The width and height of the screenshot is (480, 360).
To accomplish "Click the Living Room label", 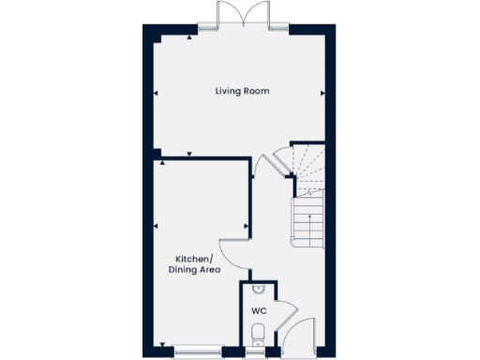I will [242, 91].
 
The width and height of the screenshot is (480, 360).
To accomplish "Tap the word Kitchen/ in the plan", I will [195, 259].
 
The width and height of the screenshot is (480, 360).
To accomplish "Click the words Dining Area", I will [194, 270].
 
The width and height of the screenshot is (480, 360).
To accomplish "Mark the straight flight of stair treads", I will [308, 221].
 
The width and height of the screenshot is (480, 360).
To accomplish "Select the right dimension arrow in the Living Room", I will [322, 93].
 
